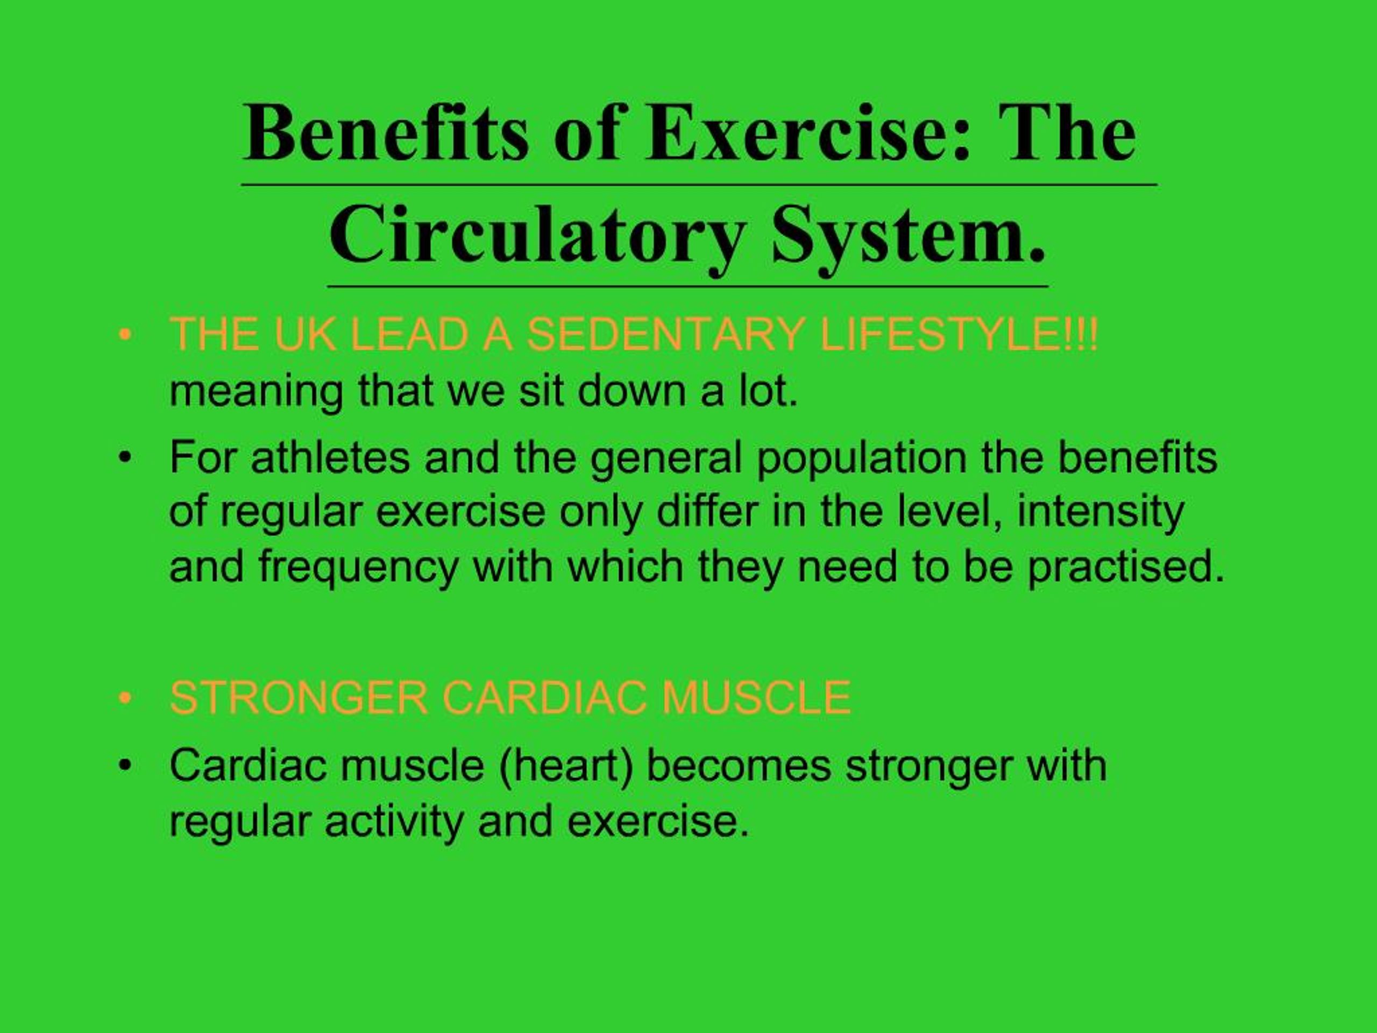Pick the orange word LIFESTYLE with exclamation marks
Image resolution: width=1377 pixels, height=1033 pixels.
point(959,335)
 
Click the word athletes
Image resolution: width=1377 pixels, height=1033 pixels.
point(330,458)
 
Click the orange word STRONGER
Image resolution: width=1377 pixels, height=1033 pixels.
point(299,697)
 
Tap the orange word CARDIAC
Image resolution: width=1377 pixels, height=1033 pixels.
point(545,697)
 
